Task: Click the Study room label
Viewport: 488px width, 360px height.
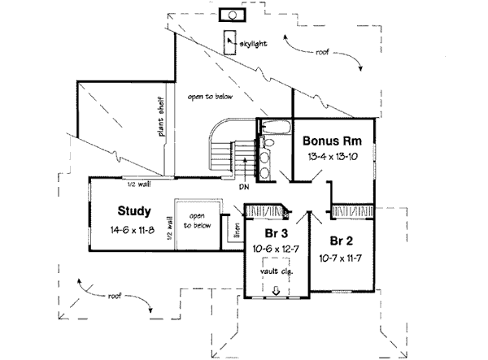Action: (x=134, y=212)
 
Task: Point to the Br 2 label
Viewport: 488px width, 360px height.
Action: (x=342, y=241)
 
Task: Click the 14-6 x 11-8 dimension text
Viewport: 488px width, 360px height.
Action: (x=134, y=230)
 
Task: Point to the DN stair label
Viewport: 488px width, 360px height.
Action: (x=243, y=187)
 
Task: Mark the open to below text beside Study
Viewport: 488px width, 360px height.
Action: (x=198, y=220)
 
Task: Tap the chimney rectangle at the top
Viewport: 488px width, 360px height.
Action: (x=233, y=14)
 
